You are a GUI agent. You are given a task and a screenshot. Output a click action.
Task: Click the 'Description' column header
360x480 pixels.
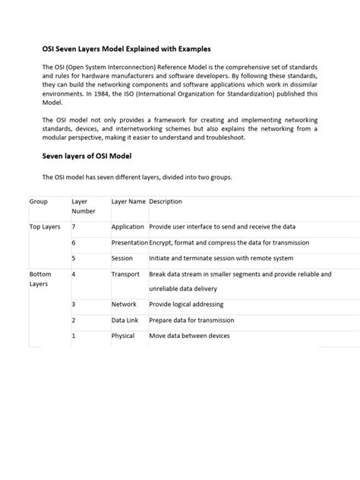click(x=166, y=202)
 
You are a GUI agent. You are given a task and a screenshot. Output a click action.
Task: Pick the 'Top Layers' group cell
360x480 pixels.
click(x=45, y=227)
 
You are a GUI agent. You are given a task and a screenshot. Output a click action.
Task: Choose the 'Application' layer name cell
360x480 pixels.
click(x=128, y=227)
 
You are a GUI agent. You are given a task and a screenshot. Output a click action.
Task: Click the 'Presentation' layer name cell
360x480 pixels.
click(x=129, y=242)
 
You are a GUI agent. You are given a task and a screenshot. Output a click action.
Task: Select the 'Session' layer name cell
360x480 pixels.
click(x=122, y=257)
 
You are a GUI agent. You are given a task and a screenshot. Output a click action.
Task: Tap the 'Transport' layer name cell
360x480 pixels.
click(x=125, y=273)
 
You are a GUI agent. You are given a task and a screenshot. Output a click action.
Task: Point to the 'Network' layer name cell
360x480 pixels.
click(x=124, y=305)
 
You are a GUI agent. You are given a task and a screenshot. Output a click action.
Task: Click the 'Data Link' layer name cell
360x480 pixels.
click(x=125, y=320)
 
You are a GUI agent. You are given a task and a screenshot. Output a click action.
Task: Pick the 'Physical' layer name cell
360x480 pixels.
click(x=123, y=336)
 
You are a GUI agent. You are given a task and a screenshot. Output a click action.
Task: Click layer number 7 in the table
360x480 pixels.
click(x=73, y=227)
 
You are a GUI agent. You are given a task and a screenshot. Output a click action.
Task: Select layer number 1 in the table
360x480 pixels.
click(x=73, y=336)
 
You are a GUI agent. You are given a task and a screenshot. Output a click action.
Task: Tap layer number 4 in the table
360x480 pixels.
click(x=73, y=273)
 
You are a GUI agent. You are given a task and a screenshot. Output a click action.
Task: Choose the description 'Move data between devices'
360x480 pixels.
click(x=188, y=336)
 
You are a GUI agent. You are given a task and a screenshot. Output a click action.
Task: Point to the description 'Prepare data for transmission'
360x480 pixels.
click(x=193, y=320)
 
